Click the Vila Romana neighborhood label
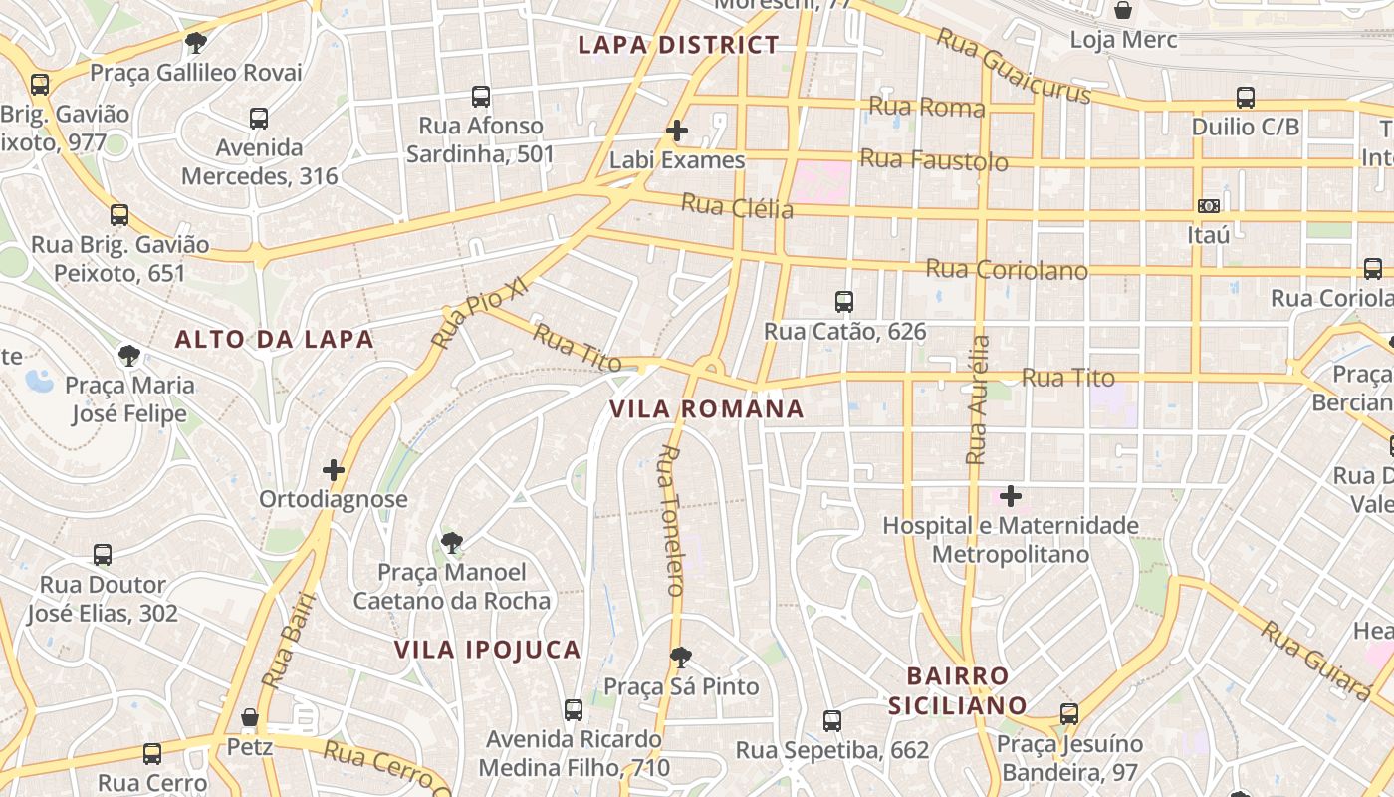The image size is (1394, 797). [706, 408]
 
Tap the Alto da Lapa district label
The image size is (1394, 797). [274, 339]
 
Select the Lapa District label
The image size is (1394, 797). [678, 45]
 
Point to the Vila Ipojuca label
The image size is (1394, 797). [487, 650]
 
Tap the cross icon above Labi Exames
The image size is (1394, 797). [677, 131]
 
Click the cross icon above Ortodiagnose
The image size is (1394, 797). [334, 470]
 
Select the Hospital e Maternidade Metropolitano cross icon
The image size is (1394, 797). [1011, 496]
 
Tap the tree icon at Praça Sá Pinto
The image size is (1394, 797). [681, 658]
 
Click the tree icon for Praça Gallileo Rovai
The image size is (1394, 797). [196, 43]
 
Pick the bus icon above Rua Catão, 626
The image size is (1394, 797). [844, 301]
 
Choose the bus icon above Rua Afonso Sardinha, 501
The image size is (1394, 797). [481, 97]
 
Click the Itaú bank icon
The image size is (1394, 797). [1209, 206]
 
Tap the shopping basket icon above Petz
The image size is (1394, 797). [250, 717]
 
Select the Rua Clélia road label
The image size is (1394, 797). [737, 206]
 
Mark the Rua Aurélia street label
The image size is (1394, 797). [978, 398]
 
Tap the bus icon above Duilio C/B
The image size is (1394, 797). [1246, 98]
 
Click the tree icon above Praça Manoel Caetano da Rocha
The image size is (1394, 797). [452, 543]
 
